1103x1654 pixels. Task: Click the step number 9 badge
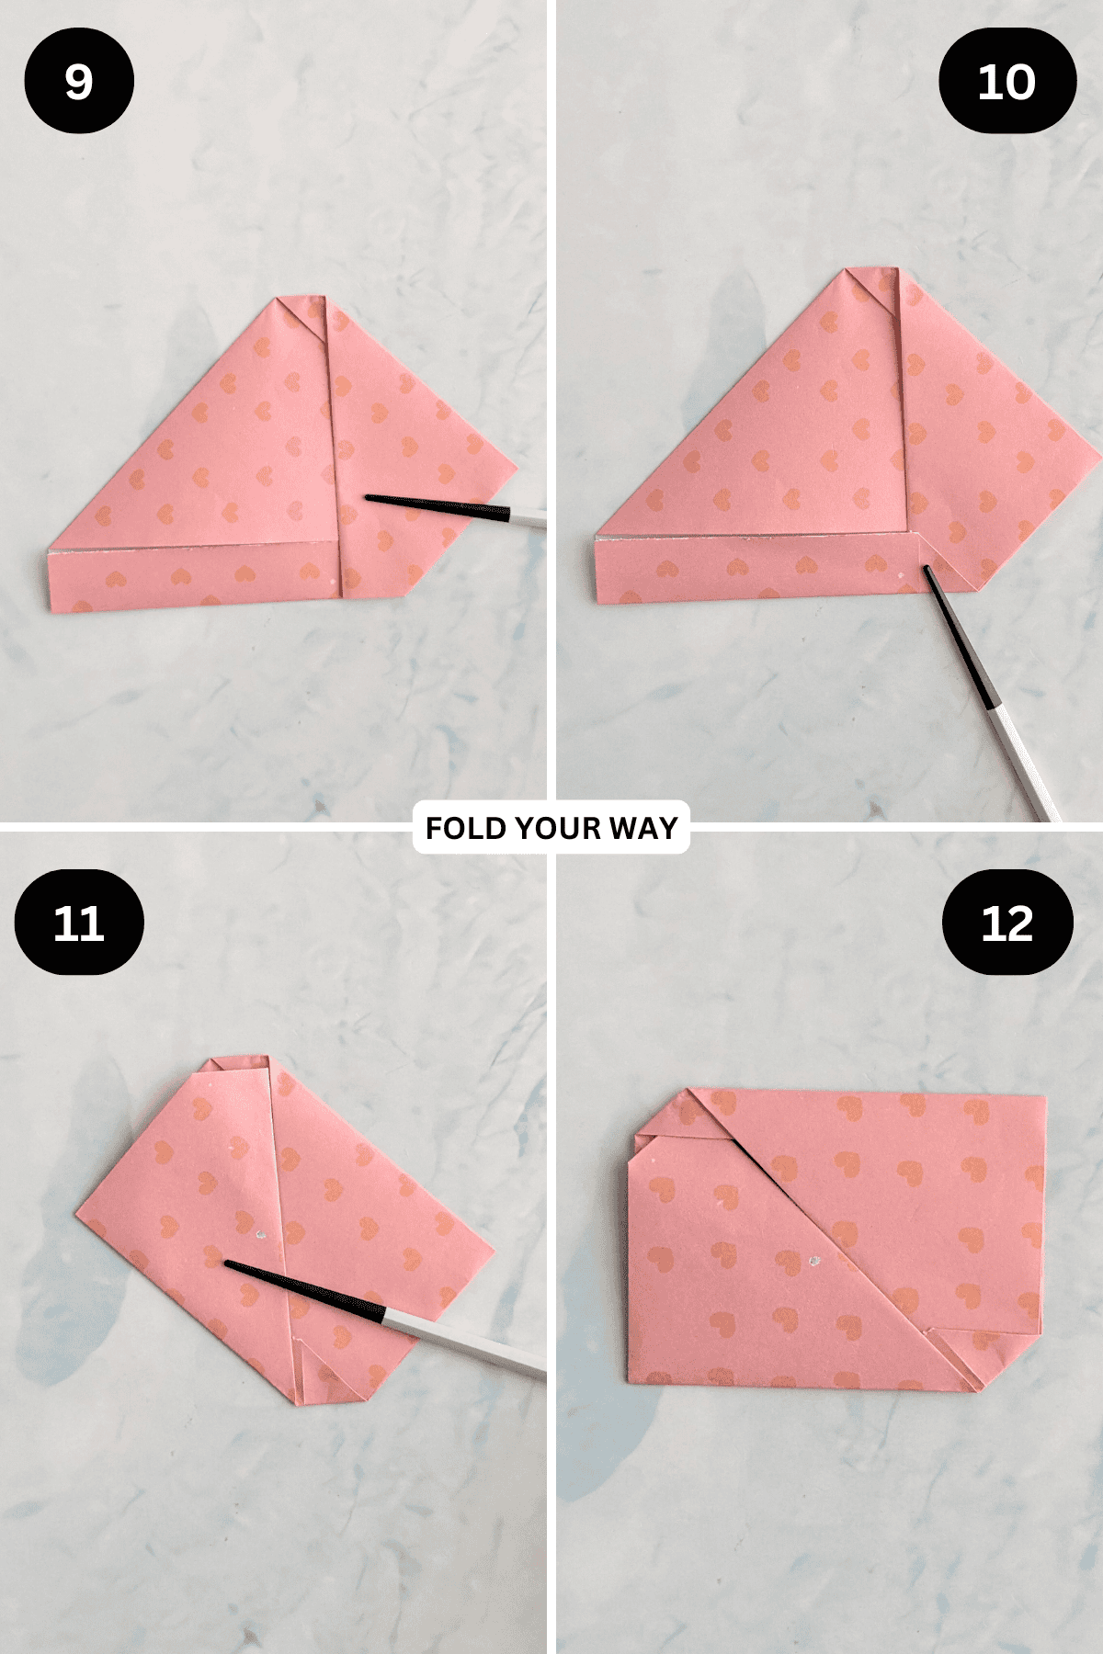click(x=79, y=81)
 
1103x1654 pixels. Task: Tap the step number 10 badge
click(x=1007, y=81)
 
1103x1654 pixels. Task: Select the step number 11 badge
click(x=79, y=922)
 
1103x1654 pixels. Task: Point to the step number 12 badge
click(x=1007, y=922)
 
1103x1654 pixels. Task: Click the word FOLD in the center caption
click(x=466, y=828)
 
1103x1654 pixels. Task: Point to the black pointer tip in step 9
click(x=366, y=498)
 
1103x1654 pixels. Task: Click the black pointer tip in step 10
click(x=926, y=569)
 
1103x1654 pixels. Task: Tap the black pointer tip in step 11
click(x=226, y=1264)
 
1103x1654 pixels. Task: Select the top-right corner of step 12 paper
click(x=1046, y=1096)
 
